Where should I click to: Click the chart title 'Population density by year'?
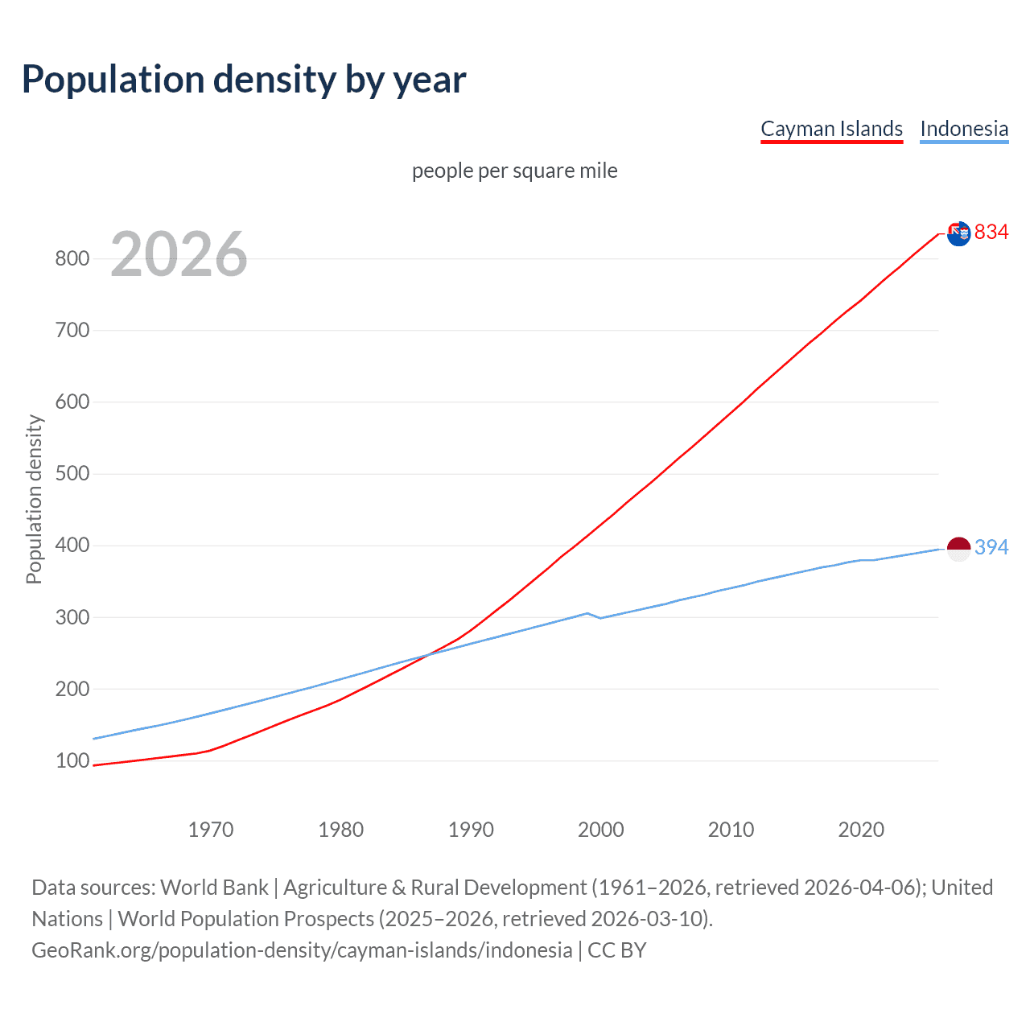[x=243, y=80]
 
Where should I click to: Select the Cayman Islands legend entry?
[x=831, y=129]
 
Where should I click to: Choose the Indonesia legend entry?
[x=963, y=129]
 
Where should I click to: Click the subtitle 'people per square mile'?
[x=514, y=171]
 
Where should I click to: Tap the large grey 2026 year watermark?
[x=179, y=254]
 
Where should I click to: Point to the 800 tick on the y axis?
[x=72, y=258]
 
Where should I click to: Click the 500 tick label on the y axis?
[x=72, y=473]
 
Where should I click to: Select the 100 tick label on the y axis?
[x=72, y=760]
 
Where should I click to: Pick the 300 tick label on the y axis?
[x=72, y=617]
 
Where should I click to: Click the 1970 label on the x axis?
[x=210, y=830]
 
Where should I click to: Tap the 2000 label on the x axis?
[x=600, y=830]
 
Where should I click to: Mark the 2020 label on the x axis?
[x=860, y=830]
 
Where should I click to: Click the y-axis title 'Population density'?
[x=34, y=499]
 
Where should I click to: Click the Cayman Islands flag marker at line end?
[x=958, y=233]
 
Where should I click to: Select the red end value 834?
[x=991, y=233]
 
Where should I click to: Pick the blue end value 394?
[x=991, y=547]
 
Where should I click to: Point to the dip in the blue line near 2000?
[x=600, y=617]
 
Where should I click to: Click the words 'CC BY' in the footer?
[x=616, y=950]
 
